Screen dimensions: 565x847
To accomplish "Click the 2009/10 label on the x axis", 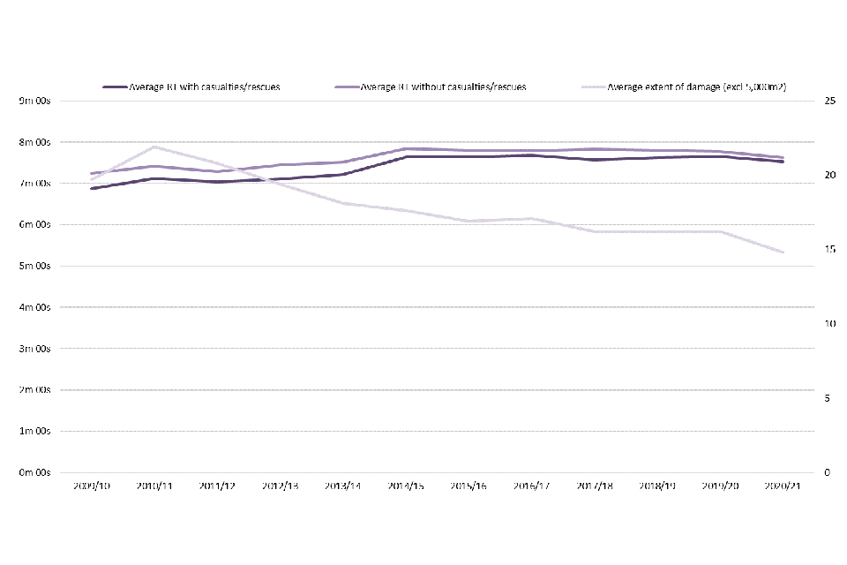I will tap(92, 486).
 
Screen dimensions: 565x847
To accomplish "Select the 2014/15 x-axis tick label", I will tap(405, 486).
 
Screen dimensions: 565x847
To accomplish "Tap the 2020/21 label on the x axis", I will tap(782, 486).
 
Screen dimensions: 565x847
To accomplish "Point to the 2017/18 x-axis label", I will tap(594, 486).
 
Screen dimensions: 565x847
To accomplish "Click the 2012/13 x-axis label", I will tap(280, 486).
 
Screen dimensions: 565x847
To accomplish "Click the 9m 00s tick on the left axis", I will tap(34, 102).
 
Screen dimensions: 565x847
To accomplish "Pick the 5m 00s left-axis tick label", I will tap(34, 266).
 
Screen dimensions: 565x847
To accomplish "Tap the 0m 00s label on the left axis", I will tap(34, 472).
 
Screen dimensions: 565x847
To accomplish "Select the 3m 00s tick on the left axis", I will tap(34, 349).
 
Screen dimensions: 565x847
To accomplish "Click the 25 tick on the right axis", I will tap(828, 102).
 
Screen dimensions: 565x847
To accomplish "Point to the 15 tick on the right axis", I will tap(828, 250).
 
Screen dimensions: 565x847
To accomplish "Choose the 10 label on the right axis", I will tap(828, 324).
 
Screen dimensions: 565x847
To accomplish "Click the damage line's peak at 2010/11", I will tap(154, 147).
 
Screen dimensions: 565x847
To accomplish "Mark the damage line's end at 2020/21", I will tap(783, 252).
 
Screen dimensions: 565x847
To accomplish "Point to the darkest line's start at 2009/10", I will tap(92, 188).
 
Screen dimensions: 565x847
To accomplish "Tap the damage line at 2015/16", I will tap(468, 221).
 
